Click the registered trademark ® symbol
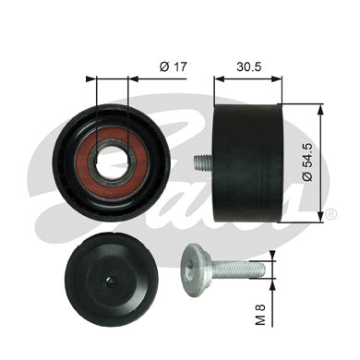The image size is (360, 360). tap(330, 214)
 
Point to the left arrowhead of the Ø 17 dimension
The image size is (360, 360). tap(92, 79)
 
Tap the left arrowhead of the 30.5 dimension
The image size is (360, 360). tap(219, 79)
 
